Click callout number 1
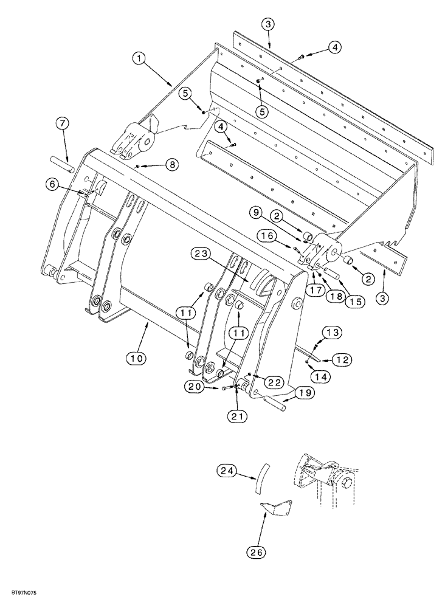point(140,58)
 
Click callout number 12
point(340,361)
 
